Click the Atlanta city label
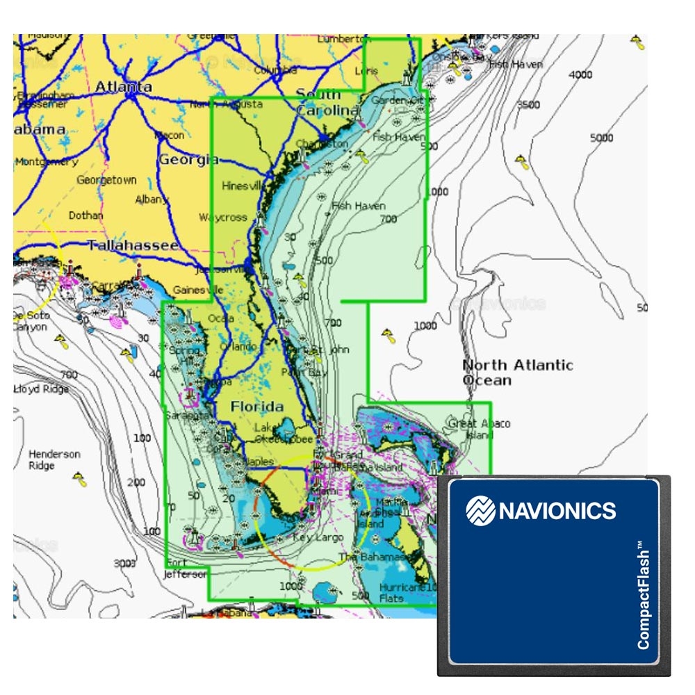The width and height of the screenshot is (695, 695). [x=123, y=87]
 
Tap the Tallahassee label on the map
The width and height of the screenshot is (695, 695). [x=133, y=245]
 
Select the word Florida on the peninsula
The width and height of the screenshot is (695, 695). [x=257, y=407]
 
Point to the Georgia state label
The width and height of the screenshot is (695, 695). [x=188, y=160]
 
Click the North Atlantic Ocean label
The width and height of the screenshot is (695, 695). [x=517, y=373]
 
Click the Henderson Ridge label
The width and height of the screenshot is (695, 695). [x=54, y=459]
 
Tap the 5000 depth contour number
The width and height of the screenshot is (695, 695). [x=601, y=138]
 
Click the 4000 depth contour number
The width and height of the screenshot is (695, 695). [x=580, y=74]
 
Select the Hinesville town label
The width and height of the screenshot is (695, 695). [x=243, y=186]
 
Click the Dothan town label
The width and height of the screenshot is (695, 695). [x=85, y=215]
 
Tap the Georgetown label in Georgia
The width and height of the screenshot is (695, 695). [x=106, y=180]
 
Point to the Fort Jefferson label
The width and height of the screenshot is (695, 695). [x=186, y=569]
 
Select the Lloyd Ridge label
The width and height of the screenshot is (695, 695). [x=40, y=389]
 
